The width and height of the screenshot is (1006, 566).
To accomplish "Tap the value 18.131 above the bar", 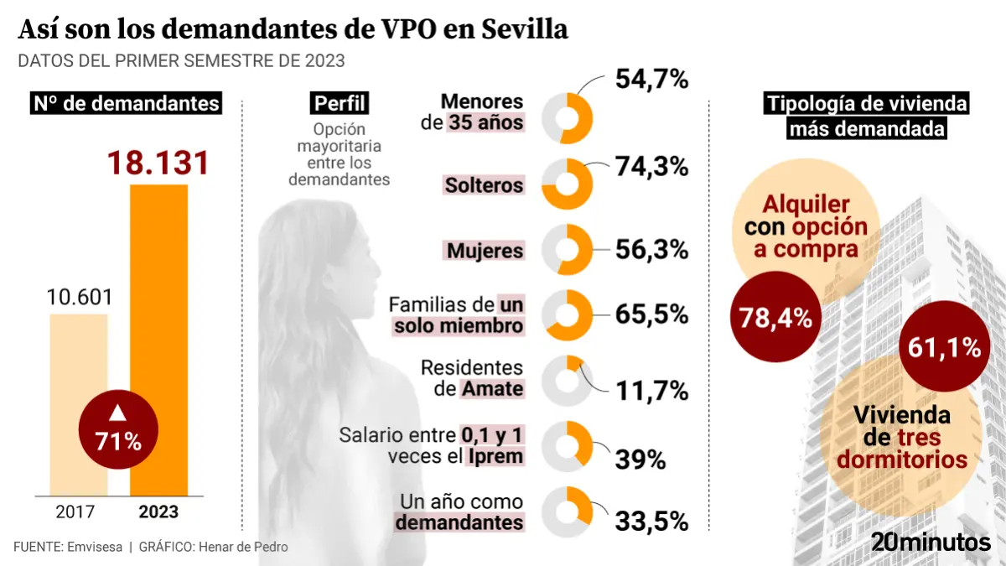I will [x=158, y=163].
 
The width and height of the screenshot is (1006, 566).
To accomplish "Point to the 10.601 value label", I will [x=79, y=298].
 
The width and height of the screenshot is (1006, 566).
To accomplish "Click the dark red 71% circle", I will [x=117, y=428].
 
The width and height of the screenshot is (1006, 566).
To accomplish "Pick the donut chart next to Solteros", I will [x=568, y=184].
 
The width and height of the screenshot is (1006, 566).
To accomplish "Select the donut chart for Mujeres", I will [x=568, y=250].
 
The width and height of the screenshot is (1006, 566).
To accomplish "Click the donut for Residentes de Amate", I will [x=568, y=380].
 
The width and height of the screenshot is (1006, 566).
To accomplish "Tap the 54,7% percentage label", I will [x=651, y=80].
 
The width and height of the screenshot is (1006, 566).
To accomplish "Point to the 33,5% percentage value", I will [x=651, y=521].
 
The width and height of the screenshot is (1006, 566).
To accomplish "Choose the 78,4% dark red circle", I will [x=775, y=318].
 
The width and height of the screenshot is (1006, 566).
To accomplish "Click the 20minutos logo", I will [x=931, y=542].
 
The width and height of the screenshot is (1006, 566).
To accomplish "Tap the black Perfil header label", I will [x=340, y=103].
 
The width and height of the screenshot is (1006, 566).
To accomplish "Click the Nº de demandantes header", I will [x=127, y=103].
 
